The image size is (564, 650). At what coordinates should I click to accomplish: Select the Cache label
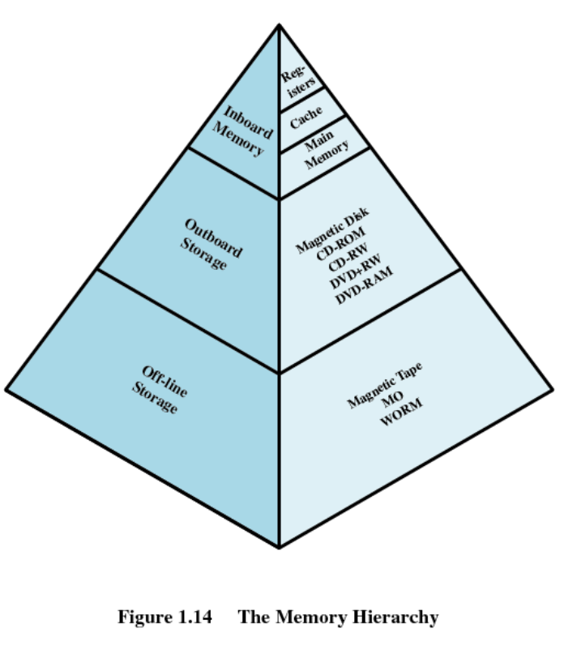306,122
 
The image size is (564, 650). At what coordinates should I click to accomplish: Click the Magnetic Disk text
331,229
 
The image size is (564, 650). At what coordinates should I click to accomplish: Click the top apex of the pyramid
280,24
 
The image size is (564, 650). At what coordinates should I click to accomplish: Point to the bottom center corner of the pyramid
280,547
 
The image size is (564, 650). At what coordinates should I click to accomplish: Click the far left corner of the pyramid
6,390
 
